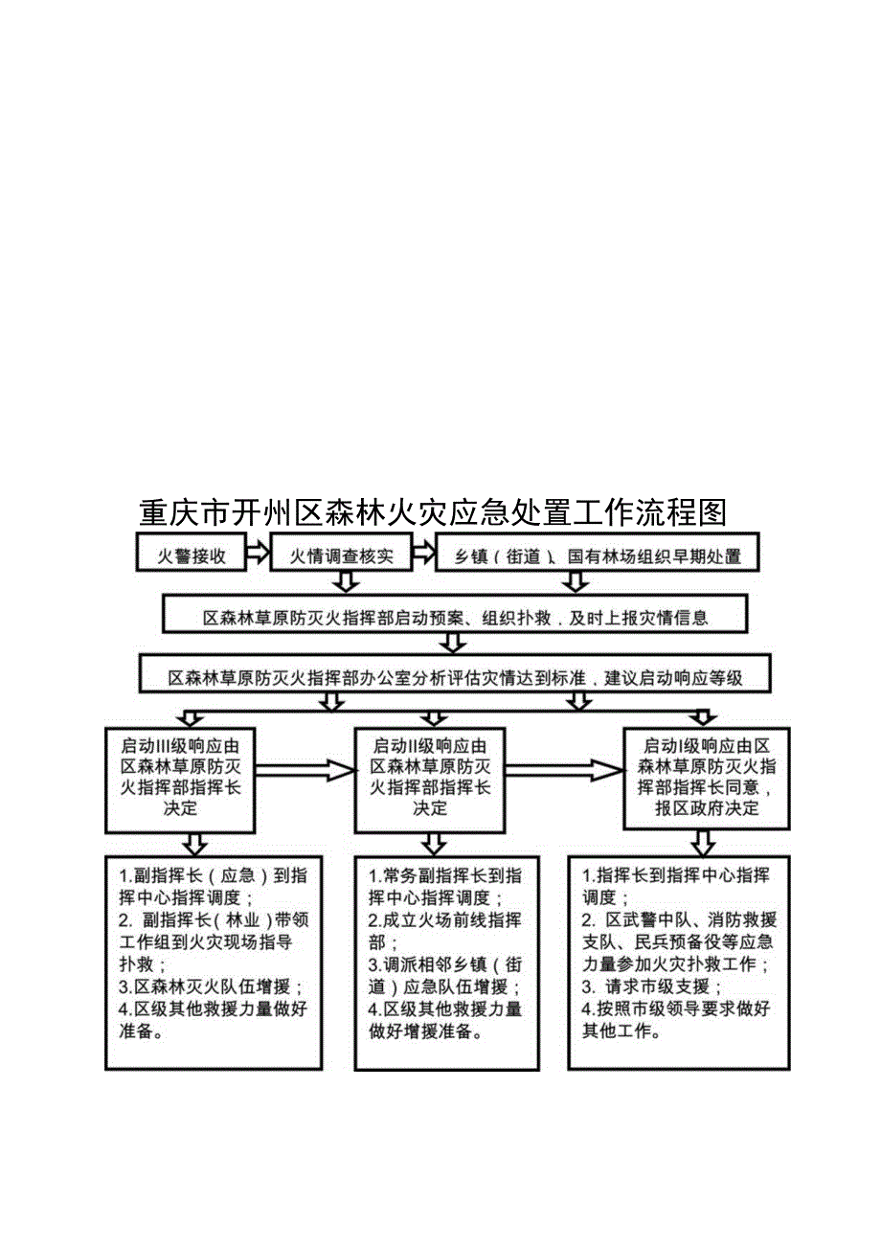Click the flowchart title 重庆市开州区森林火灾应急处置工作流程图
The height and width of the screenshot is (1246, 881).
click(433, 513)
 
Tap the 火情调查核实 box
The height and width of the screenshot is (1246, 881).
click(342, 555)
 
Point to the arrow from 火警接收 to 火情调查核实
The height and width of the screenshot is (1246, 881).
click(256, 554)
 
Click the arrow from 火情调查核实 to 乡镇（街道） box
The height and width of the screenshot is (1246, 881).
click(422, 554)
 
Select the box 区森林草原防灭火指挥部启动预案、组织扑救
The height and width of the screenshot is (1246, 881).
click(455, 617)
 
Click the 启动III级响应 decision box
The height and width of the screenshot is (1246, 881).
click(180, 777)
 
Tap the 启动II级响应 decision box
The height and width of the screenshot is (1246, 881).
click(429, 777)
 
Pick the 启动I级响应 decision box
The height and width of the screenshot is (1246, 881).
click(707, 777)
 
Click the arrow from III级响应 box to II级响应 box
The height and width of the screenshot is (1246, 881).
click(305, 769)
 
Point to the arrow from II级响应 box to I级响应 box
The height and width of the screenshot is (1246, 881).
click(563, 769)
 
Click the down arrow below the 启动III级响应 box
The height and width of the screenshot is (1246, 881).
click(195, 842)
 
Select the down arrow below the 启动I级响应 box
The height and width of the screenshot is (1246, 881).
click(704, 842)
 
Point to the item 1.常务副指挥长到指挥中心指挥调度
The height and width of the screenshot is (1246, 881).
click(445, 886)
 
